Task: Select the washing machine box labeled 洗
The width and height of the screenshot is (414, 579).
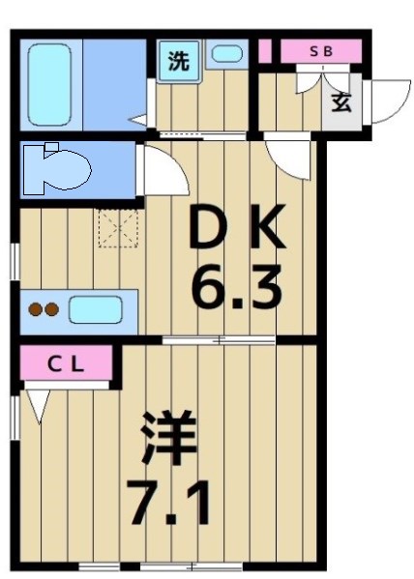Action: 178,62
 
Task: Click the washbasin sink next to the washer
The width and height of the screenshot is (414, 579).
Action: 227,55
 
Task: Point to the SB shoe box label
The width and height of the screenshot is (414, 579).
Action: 320,51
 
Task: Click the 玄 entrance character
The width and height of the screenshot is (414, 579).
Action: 342,101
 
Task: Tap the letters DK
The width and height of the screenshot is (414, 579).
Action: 236,230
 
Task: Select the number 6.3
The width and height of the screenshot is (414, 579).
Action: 236,287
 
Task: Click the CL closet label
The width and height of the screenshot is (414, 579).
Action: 67,365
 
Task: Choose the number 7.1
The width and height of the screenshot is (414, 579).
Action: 170,504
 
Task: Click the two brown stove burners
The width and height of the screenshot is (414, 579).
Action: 44,310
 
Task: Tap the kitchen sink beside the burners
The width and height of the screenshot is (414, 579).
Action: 95,309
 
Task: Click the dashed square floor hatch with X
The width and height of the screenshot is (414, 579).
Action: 118,229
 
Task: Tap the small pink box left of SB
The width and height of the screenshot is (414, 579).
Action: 265,51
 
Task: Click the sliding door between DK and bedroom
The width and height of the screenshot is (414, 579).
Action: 221,340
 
